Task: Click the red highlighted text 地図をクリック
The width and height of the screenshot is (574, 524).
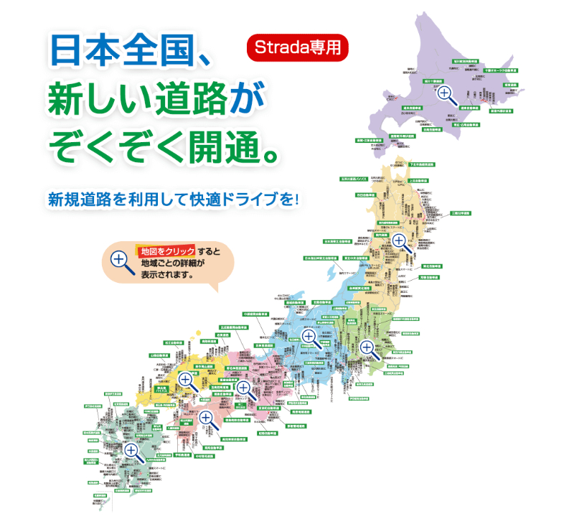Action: (x=167, y=251)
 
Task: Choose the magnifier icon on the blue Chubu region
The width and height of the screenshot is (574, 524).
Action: (x=309, y=336)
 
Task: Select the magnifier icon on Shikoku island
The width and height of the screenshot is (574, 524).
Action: (x=206, y=418)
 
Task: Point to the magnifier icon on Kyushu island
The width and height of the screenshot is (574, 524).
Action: (x=131, y=451)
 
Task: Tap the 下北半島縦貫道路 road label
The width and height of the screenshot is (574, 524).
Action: (x=421, y=164)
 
